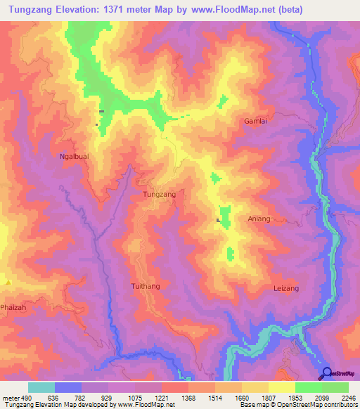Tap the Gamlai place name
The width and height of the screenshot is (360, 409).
[256, 121]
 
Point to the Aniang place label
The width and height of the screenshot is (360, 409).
[259, 219]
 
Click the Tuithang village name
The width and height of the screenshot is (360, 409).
[146, 286]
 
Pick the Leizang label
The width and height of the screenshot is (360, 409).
[285, 289]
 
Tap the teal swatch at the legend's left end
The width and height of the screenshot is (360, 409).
[41, 387]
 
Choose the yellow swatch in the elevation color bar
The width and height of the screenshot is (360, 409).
[281, 387]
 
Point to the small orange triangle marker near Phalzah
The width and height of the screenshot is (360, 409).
[8, 282]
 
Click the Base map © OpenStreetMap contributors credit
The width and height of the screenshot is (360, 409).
[297, 405]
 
